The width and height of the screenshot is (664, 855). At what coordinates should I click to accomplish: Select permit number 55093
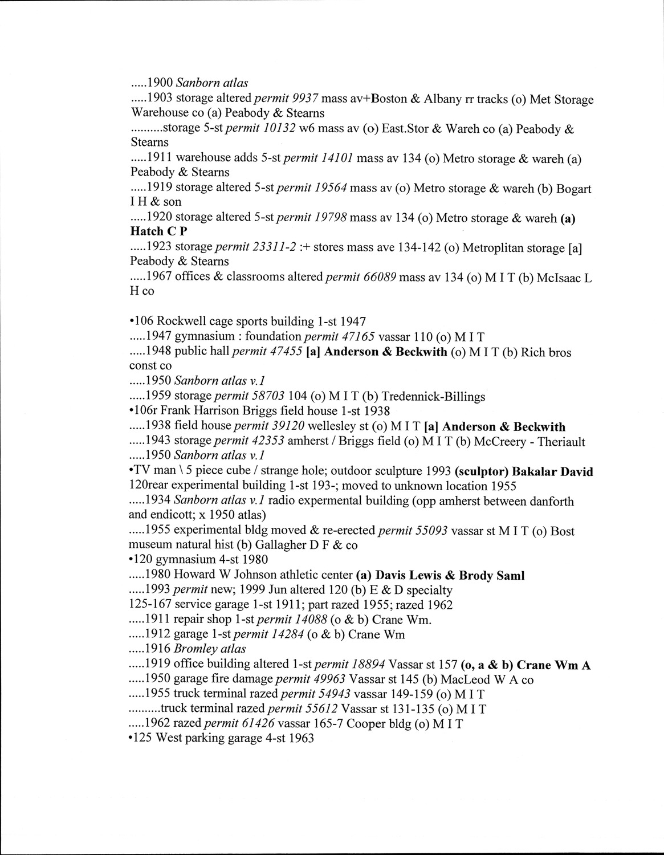click(430, 531)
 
